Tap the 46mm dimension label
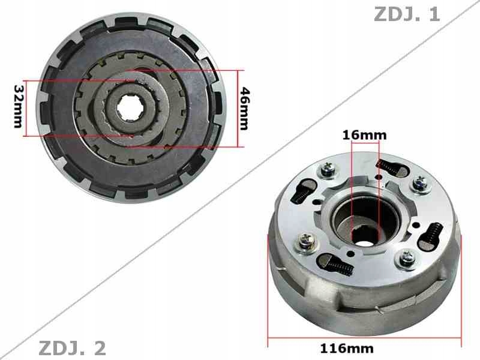[x=245, y=108]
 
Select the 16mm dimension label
[x=364, y=135]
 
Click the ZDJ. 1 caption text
[x=407, y=14]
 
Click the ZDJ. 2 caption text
[x=72, y=347]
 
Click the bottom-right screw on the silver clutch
[x=407, y=259]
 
